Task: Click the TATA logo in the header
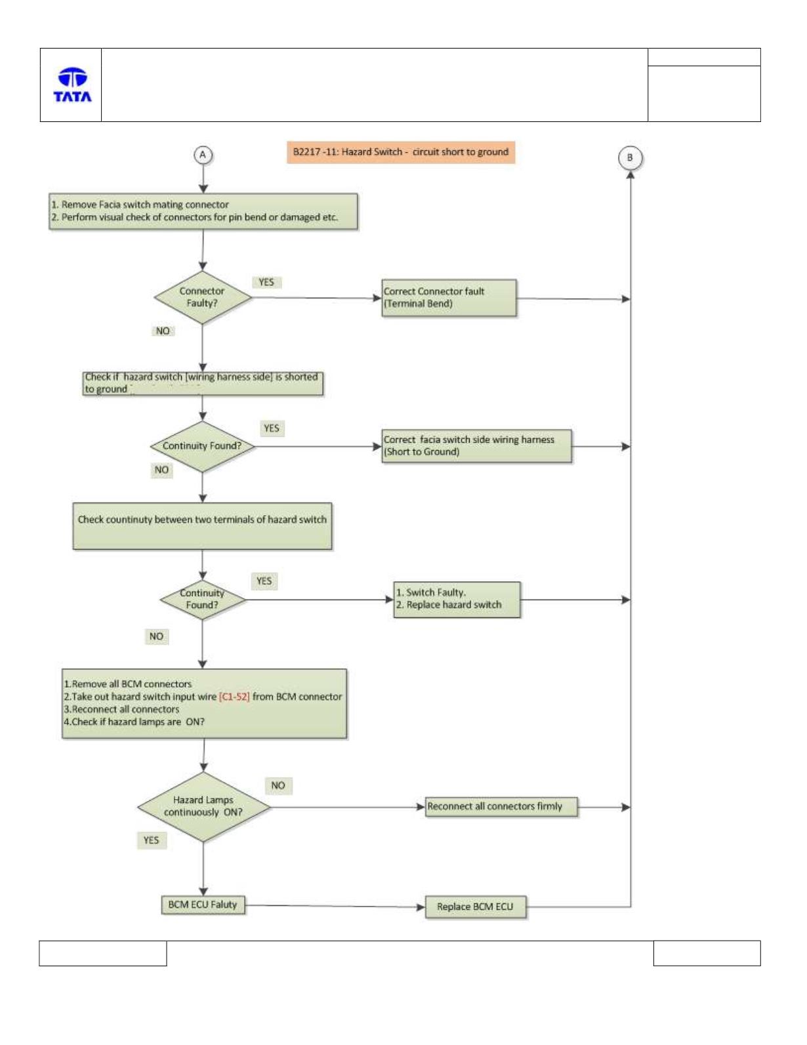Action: [72, 85]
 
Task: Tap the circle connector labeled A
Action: [203, 155]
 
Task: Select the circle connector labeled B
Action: [630, 157]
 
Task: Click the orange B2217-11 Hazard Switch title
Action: [401, 152]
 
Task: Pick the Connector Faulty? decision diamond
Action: [203, 297]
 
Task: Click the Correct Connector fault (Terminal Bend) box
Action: [449, 298]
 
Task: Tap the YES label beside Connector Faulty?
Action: [266, 282]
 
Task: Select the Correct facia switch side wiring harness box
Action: [476, 446]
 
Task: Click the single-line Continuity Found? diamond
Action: [203, 446]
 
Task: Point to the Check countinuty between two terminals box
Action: [202, 525]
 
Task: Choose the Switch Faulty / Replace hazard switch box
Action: [457, 599]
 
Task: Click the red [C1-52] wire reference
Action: [234, 697]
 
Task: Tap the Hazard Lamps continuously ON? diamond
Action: [203, 806]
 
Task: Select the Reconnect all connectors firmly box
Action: [501, 806]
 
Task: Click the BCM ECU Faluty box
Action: [203, 905]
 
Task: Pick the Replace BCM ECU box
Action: [476, 907]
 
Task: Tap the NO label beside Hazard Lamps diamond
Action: [278, 785]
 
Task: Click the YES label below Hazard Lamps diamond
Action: [152, 840]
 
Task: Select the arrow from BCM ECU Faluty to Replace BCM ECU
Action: [335, 906]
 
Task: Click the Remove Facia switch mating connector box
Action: [203, 211]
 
